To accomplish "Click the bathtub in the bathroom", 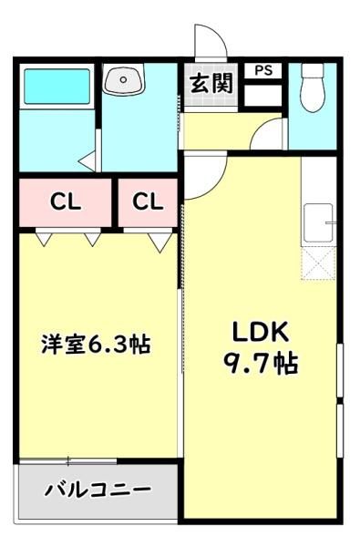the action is (x=57, y=87).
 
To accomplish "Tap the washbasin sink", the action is (x=123, y=79).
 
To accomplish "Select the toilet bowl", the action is (x=313, y=88).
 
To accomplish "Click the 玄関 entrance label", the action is (x=211, y=84).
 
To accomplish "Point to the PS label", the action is (x=263, y=70).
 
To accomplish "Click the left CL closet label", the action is (x=66, y=201).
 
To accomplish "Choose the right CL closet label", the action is (x=148, y=201).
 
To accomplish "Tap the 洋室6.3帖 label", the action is (x=96, y=344).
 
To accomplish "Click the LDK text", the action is (x=261, y=333).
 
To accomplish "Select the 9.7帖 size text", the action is (x=261, y=363).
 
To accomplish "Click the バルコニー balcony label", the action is (x=98, y=490).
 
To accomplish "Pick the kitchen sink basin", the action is (x=318, y=222).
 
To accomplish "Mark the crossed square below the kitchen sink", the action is (x=318, y=263).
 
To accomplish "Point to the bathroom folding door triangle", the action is (x=87, y=161).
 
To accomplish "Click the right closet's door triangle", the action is (x=160, y=243).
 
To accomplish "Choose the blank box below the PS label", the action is (x=262, y=95).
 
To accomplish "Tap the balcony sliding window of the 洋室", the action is (x=68, y=460).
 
